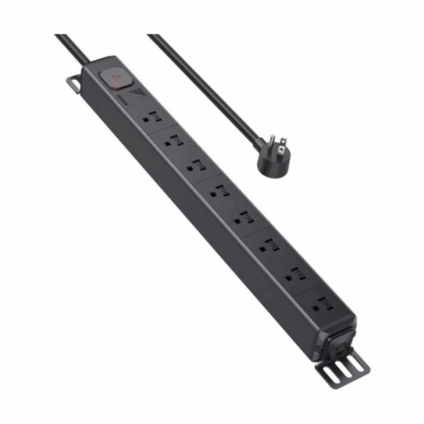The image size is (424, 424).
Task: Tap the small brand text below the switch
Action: tap(122, 101)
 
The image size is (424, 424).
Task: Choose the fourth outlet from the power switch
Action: tap(220, 191)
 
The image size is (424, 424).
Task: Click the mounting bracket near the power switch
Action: tap(74, 83)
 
